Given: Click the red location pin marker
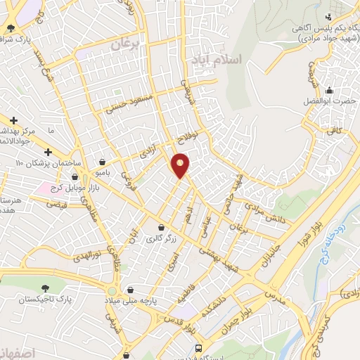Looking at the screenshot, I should [181, 165].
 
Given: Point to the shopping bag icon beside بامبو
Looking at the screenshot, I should [103, 161].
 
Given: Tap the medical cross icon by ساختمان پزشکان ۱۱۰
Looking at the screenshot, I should [47, 153].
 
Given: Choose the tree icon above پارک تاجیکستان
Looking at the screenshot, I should [46, 288].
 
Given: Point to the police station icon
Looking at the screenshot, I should [328, 17].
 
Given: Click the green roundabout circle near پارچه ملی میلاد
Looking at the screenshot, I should [112, 291].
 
